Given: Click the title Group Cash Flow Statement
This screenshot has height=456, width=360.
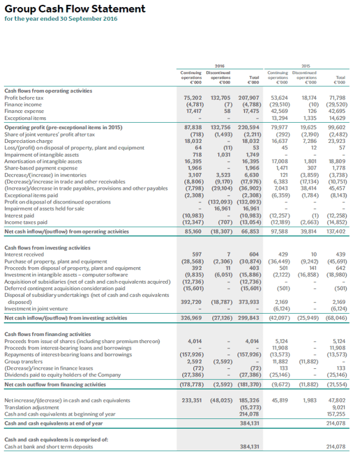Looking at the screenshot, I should click(x=75, y=9).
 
